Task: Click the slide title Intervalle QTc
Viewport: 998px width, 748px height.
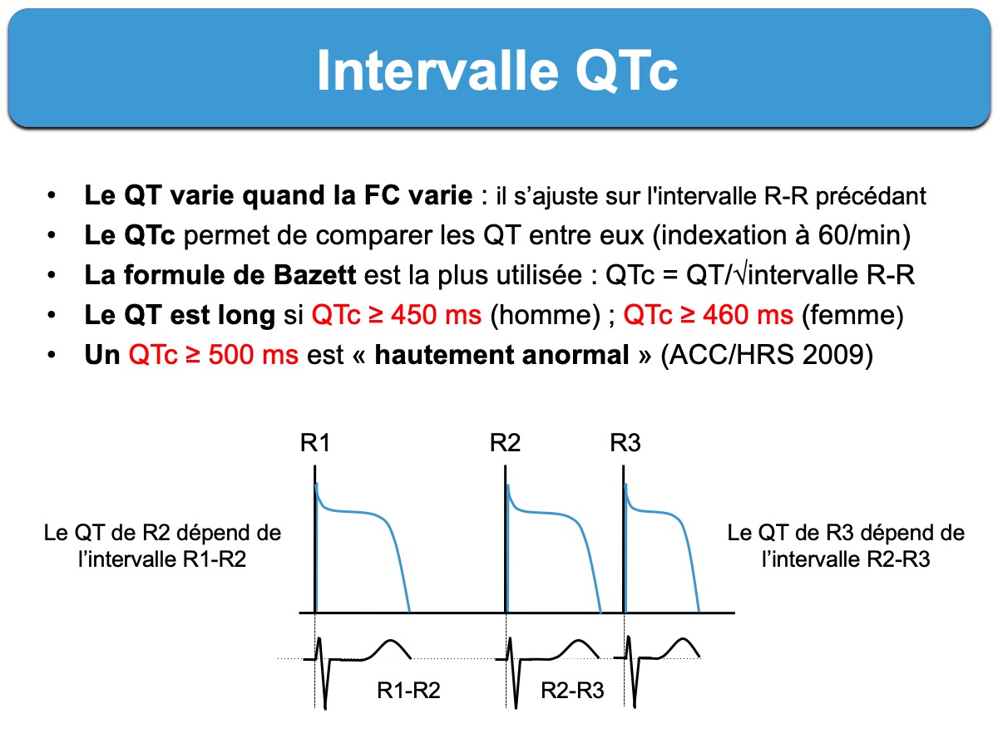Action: pyautogui.click(x=497, y=71)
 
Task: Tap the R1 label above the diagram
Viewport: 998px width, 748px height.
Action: pyautogui.click(x=315, y=442)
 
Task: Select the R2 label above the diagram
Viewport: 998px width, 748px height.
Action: pyautogui.click(x=505, y=442)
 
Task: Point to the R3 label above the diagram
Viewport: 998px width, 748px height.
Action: pyautogui.click(x=625, y=442)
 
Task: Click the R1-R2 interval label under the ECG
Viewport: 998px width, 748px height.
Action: pyautogui.click(x=408, y=691)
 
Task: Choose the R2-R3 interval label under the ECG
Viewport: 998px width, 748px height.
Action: pyautogui.click(x=572, y=691)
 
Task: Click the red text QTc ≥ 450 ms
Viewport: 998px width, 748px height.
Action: pyautogui.click(x=397, y=315)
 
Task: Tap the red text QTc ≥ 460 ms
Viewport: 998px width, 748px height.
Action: pyautogui.click(x=709, y=315)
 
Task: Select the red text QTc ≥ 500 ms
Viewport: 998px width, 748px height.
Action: pyautogui.click(x=214, y=355)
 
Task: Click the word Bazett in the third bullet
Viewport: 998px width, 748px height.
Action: pyautogui.click(x=314, y=275)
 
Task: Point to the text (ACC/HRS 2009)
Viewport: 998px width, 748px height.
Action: pyautogui.click(x=767, y=355)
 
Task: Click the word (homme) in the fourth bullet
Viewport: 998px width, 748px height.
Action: pyautogui.click(x=545, y=315)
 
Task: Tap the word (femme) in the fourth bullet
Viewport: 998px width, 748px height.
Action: pyautogui.click(x=852, y=315)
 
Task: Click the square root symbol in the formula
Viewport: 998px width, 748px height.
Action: pyautogui.click(x=741, y=274)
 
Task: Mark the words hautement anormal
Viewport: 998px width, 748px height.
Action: pyautogui.click(x=501, y=355)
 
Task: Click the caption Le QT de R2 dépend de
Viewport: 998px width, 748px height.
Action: pyautogui.click(x=162, y=533)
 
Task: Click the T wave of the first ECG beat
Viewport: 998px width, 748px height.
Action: pyautogui.click(x=390, y=649)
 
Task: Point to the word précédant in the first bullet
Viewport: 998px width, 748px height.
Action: pyautogui.click(x=870, y=196)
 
